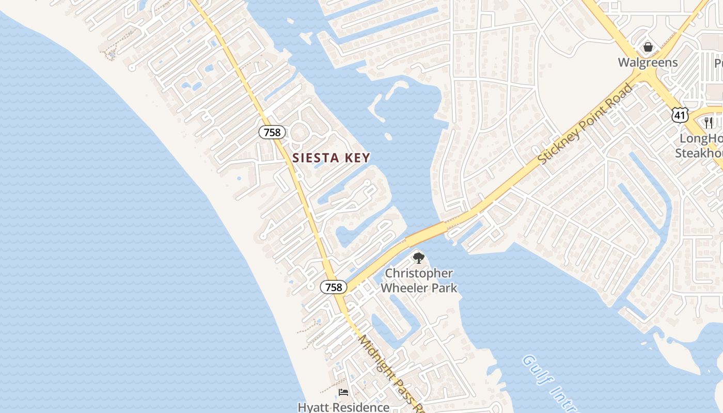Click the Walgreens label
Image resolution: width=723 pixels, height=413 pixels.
(648, 63)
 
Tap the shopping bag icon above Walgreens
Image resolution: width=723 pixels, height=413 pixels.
(648, 47)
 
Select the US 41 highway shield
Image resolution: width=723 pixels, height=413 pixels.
(680, 115)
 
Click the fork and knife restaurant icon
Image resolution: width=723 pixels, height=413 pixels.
(709, 122)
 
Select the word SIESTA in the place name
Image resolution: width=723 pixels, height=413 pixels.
(312, 158)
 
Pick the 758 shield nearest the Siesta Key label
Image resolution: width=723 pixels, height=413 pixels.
(272, 132)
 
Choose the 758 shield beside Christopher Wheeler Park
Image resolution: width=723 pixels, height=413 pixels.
(333, 287)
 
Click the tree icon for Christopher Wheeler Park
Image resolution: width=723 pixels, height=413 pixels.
(418, 258)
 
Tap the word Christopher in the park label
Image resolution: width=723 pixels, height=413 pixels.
(419, 274)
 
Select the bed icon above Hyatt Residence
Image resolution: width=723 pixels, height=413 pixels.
(343, 392)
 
